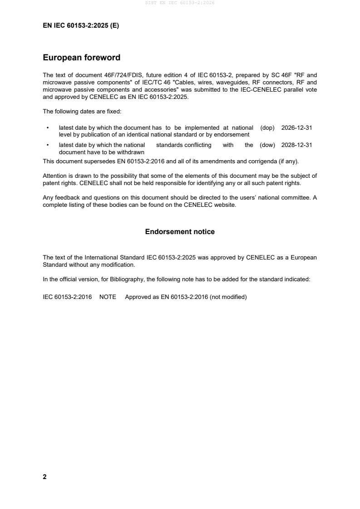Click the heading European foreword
pyautogui.click(x=81, y=58)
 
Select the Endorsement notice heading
pyautogui.click(x=180, y=232)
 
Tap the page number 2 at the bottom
pyautogui.click(x=44, y=477)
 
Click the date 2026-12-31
pyautogui.click(x=296, y=128)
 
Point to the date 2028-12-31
pyautogui.click(x=296, y=145)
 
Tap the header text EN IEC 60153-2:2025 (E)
pyautogui.click(x=81, y=26)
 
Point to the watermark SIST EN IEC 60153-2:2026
pyautogui.click(x=180, y=3)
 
